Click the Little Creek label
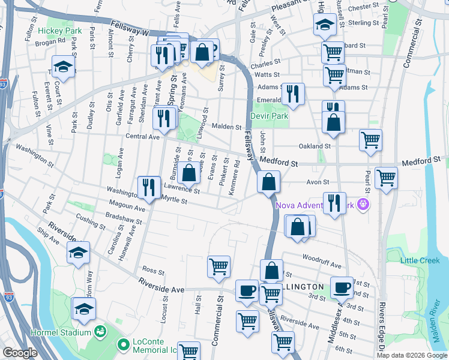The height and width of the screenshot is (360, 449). click(x=420, y=260)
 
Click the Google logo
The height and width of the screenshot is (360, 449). click(x=20, y=353)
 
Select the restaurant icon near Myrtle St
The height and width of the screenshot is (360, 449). click(x=148, y=187)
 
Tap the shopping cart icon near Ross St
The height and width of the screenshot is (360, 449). click(x=218, y=266)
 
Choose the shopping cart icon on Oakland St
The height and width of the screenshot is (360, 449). click(x=370, y=140)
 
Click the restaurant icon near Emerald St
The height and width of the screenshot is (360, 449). click(x=292, y=93)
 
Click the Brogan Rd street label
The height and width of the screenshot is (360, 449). click(x=50, y=42)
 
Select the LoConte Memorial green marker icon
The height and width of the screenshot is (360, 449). click(x=124, y=345)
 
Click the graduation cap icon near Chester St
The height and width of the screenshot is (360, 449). click(x=324, y=24)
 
